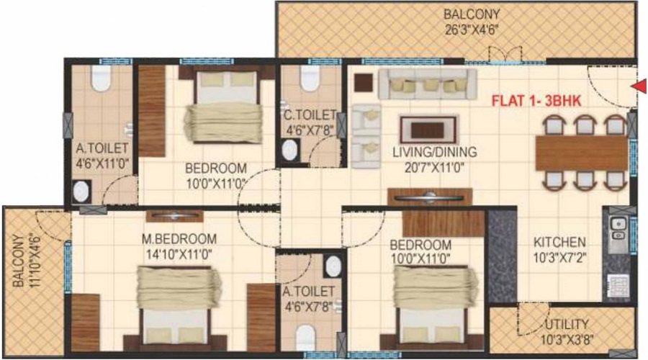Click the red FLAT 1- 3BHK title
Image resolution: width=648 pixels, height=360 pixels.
[536, 101]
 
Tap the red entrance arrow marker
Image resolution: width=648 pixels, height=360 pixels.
[640, 86]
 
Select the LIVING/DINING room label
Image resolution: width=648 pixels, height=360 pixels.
[435, 152]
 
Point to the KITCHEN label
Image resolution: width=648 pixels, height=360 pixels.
[559, 242]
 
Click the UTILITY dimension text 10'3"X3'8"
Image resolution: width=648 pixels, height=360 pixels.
[567, 340]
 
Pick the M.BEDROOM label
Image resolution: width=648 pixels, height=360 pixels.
[179, 239]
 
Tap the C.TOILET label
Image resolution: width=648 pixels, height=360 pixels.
[310, 114]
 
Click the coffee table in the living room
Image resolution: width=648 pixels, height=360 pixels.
[428, 130]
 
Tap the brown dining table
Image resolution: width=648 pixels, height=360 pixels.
[582, 153]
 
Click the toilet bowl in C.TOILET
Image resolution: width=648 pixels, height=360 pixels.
[310, 78]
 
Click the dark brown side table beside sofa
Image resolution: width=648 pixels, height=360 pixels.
[364, 83]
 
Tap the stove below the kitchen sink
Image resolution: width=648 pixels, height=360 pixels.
[618, 286]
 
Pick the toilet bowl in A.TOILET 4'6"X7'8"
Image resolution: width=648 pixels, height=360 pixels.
[306, 338]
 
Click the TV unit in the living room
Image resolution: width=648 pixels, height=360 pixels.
[430, 197]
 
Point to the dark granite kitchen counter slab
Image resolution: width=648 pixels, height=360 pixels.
[502, 256]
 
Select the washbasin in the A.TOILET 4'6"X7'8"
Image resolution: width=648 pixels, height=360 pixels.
[333, 266]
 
